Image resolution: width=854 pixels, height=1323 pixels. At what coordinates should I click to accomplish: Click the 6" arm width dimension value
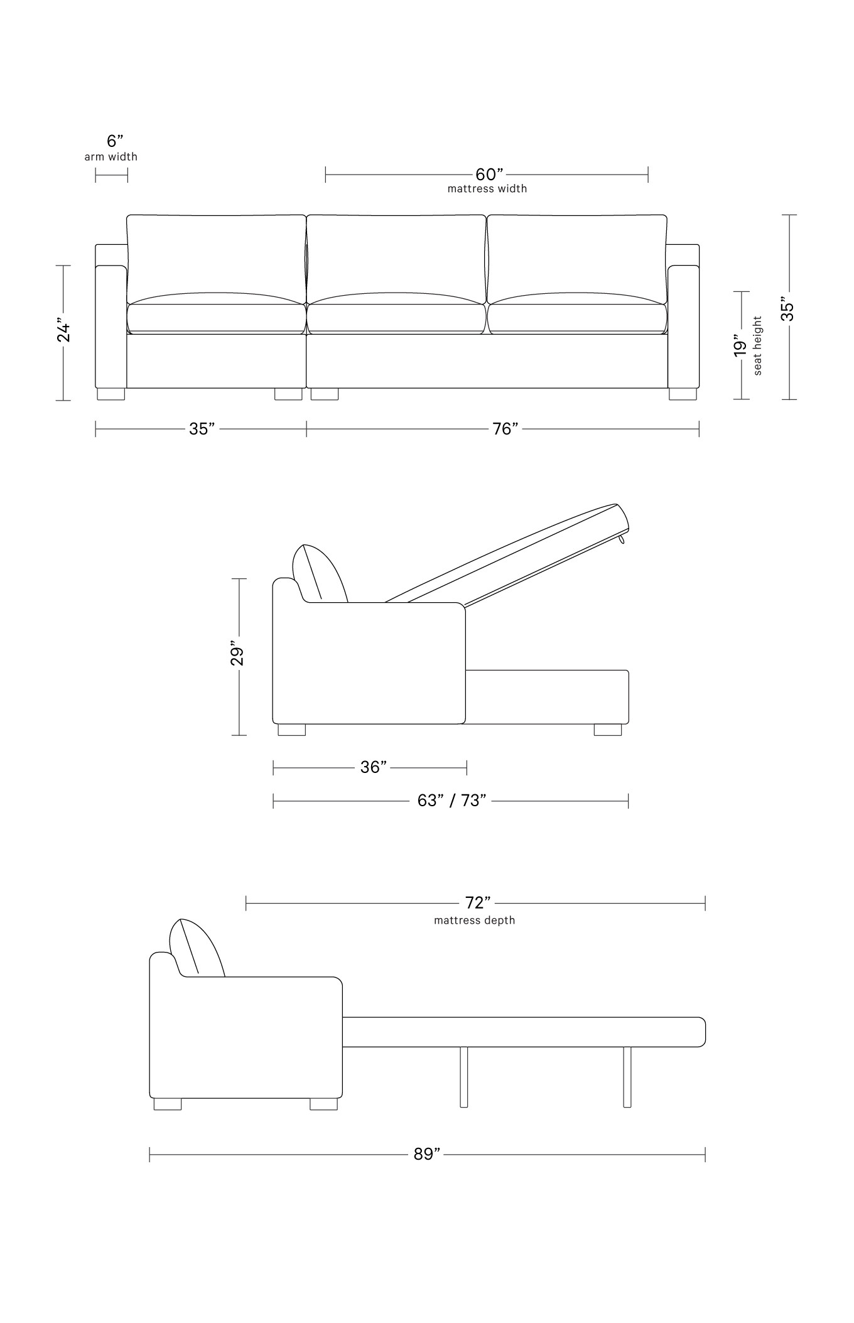[x=114, y=141]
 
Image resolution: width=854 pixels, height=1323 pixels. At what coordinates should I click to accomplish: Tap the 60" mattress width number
[x=489, y=174]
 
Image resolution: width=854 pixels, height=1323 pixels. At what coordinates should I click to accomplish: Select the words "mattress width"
[x=487, y=188]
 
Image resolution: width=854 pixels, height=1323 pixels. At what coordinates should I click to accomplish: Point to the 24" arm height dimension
[x=63, y=332]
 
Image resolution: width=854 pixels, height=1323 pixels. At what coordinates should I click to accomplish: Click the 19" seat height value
[x=741, y=348]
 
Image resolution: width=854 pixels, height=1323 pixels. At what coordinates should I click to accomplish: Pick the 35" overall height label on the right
[x=788, y=312]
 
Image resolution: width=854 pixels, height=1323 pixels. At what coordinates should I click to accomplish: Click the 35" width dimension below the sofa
[x=202, y=429]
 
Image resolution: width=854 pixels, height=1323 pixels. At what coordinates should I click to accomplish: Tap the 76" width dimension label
[x=505, y=429]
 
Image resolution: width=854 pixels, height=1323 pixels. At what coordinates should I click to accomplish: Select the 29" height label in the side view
[x=237, y=654]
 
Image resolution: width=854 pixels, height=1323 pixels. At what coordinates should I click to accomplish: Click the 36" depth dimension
[x=373, y=767]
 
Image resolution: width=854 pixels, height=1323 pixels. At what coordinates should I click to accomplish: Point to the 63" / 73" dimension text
[x=451, y=801]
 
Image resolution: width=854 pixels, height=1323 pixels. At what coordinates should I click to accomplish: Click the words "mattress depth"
[x=474, y=921]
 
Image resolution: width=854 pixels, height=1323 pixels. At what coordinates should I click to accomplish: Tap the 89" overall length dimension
[x=426, y=1154]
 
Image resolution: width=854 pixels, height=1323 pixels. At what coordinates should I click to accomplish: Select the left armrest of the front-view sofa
[x=111, y=327]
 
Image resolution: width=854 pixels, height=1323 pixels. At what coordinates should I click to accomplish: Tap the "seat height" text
[x=758, y=346]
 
